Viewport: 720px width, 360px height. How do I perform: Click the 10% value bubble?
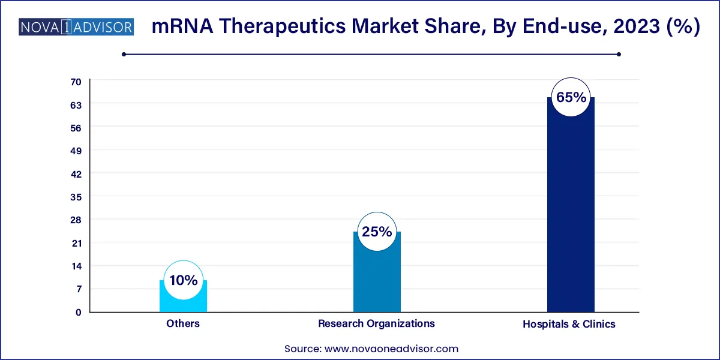point(183,280)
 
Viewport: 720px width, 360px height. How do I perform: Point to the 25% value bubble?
point(376,232)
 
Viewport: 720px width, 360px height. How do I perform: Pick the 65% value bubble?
point(571,97)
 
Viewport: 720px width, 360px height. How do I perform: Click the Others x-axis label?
point(183,323)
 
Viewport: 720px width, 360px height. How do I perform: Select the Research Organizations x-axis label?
point(376,323)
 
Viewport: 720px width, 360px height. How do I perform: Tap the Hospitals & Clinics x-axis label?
point(569,324)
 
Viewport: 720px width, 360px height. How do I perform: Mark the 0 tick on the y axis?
point(78,312)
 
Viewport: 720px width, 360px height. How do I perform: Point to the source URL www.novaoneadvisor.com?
point(391,349)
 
